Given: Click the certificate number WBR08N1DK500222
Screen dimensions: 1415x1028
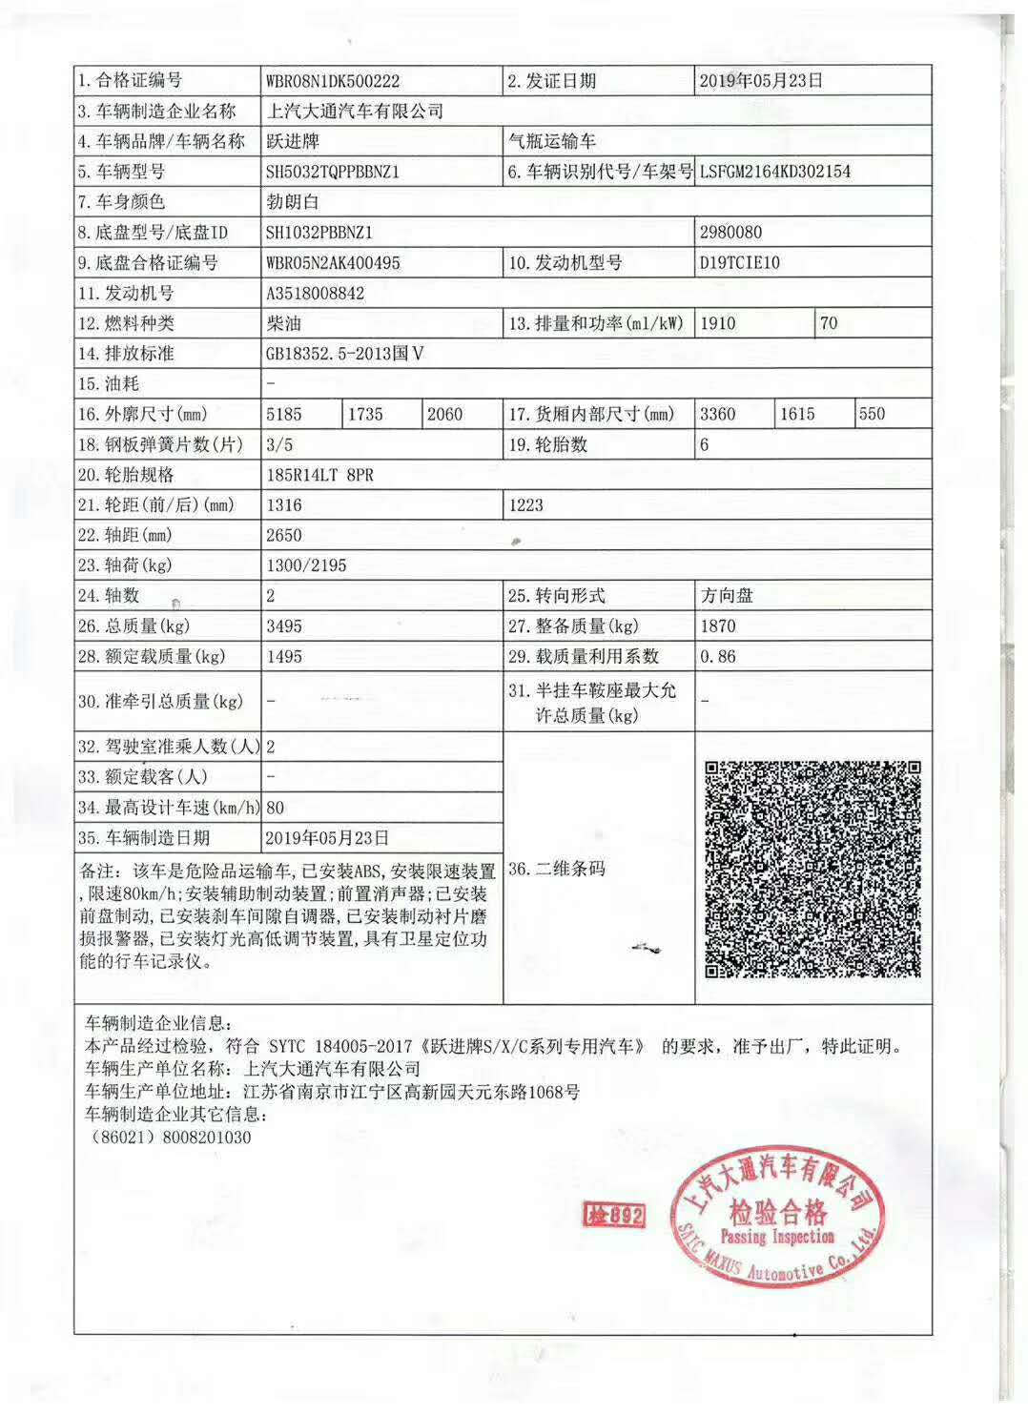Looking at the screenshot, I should [333, 81].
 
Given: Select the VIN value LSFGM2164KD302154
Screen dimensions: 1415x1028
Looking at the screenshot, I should [774, 172].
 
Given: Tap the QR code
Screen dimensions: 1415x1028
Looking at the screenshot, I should [812, 869].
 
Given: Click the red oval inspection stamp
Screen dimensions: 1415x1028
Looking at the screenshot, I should [776, 1223].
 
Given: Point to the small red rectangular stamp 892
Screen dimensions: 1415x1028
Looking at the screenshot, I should [613, 1214].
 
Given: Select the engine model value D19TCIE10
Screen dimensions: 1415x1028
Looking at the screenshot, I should [739, 262].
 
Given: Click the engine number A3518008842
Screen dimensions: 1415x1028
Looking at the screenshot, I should [315, 293].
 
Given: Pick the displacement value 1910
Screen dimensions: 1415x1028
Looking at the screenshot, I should [718, 323].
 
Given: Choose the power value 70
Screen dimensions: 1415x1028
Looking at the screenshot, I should [829, 323].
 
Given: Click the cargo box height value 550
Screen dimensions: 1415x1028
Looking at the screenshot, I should [872, 414].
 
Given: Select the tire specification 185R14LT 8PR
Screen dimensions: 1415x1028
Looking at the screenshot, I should [319, 475].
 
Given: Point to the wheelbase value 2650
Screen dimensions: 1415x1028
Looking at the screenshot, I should [284, 535].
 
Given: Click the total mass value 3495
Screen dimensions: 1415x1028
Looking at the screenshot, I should [284, 626].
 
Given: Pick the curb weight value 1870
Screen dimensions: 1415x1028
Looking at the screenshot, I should [718, 626].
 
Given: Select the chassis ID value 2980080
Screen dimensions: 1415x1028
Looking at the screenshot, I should [730, 232].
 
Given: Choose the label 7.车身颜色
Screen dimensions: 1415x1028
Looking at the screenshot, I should [122, 202].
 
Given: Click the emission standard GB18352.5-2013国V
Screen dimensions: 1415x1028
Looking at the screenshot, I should [344, 354].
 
